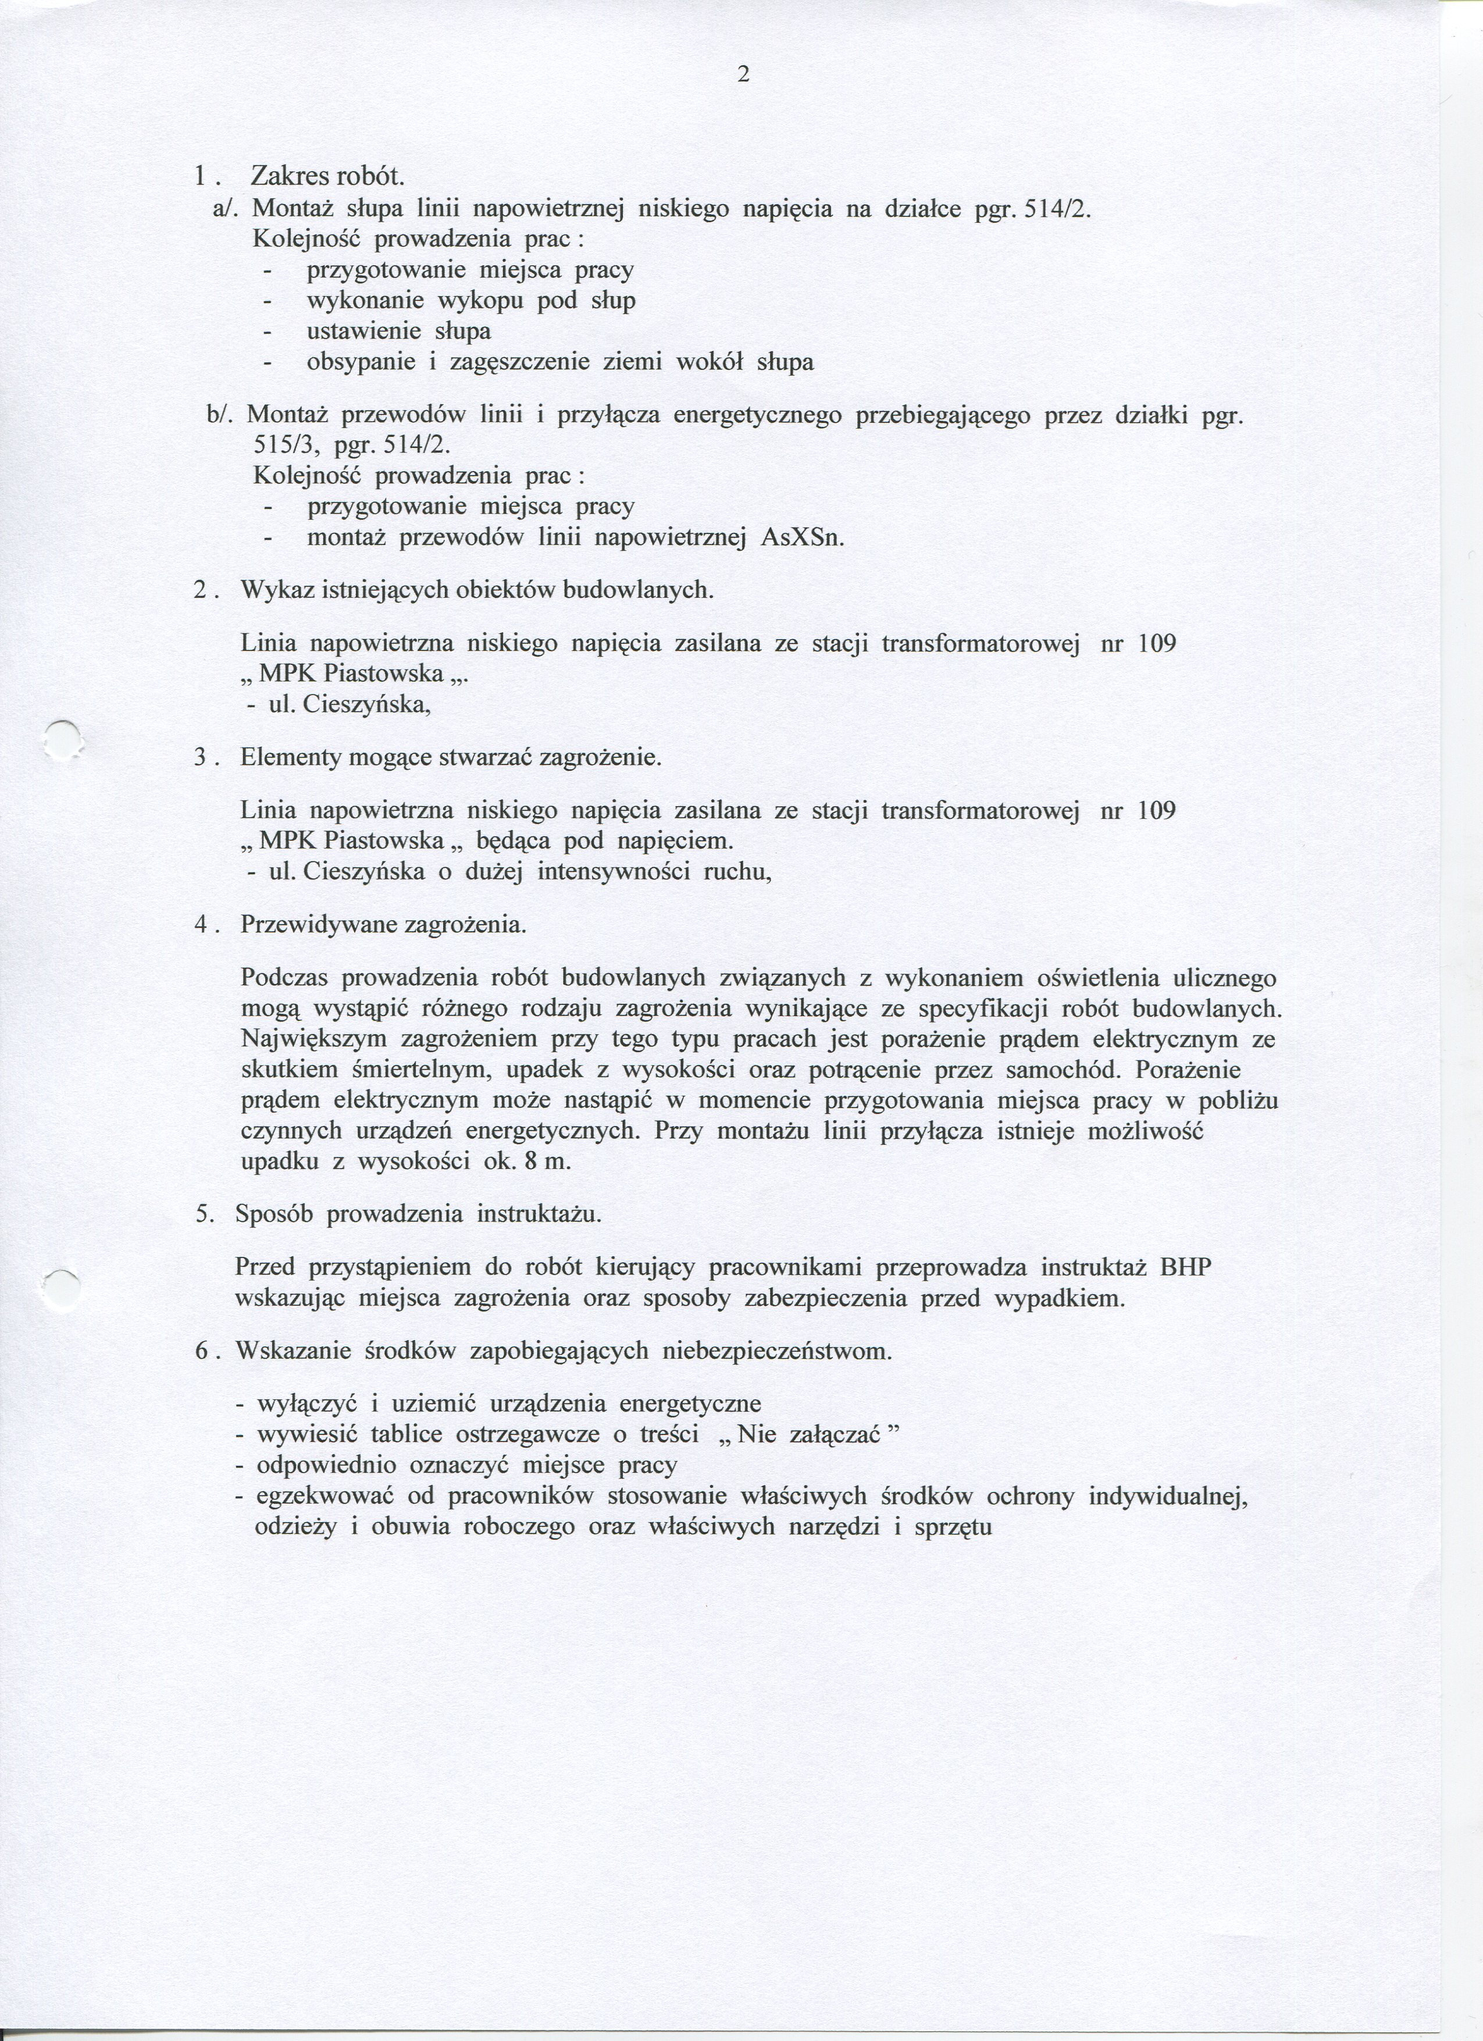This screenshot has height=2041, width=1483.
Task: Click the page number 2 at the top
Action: point(743,76)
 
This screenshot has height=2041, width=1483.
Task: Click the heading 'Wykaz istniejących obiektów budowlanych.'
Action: point(477,590)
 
